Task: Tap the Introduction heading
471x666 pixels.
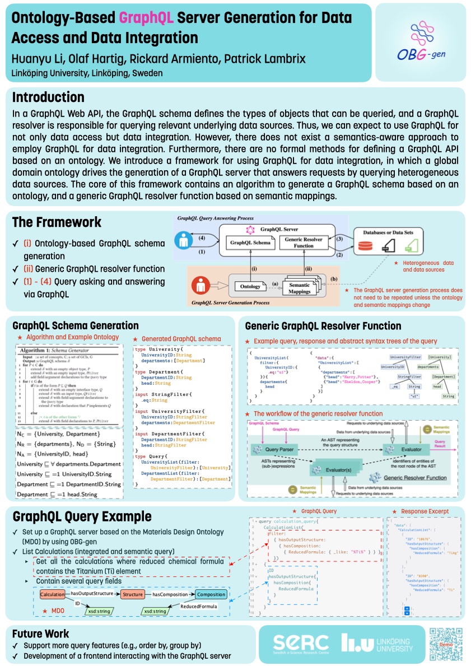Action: [48, 97]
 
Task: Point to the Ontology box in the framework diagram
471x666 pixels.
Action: [250, 286]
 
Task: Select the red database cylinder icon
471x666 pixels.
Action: [365, 246]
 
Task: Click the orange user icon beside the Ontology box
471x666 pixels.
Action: [202, 286]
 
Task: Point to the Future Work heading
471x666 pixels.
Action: [41, 634]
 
